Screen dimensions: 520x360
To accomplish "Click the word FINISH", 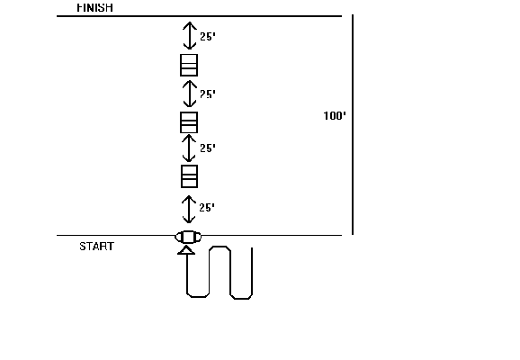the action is (x=94, y=7).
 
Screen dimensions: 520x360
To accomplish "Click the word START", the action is (x=97, y=247).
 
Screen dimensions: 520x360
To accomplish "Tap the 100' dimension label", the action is (x=335, y=116).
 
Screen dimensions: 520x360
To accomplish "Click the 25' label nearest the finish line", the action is (x=208, y=36).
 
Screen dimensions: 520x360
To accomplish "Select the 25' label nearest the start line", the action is (x=207, y=208).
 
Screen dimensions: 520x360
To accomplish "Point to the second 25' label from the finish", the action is (x=208, y=94).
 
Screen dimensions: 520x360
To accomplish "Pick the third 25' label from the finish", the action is (x=208, y=148).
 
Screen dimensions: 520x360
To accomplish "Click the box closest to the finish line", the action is (x=189, y=66).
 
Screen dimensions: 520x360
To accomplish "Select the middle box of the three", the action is (x=189, y=122).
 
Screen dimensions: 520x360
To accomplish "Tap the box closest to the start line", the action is (x=189, y=176).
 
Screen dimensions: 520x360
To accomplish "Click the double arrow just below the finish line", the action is (x=190, y=35).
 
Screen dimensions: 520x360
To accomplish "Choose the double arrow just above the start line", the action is (x=189, y=210).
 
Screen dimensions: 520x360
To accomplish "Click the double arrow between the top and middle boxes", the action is (x=189, y=94).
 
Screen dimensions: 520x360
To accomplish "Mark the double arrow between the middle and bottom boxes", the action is (x=189, y=148).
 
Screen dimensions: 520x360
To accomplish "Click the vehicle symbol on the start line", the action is (x=188, y=237).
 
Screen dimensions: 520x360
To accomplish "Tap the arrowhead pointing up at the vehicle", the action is (x=186, y=250).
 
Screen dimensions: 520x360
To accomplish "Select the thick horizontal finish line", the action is (x=199, y=16).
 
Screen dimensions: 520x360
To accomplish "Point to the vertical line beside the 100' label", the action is (x=353, y=124).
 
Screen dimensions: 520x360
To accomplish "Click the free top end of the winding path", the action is (x=252, y=247).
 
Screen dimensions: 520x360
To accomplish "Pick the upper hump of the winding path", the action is (x=220, y=247).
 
